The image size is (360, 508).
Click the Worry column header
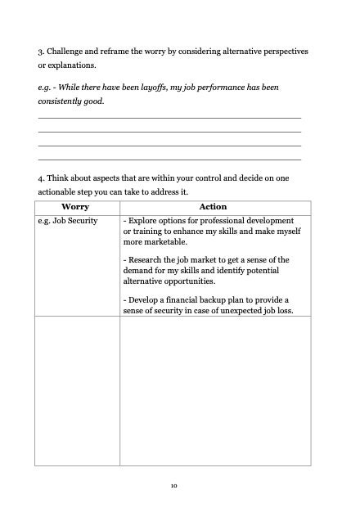(x=76, y=207)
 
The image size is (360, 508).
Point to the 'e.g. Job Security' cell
(x=68, y=221)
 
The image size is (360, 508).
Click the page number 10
(x=174, y=485)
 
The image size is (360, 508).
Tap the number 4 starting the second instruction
(x=40, y=178)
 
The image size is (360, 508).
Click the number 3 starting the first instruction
(x=40, y=52)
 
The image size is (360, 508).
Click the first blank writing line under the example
(x=169, y=119)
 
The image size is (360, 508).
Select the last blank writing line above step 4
(x=169, y=159)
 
